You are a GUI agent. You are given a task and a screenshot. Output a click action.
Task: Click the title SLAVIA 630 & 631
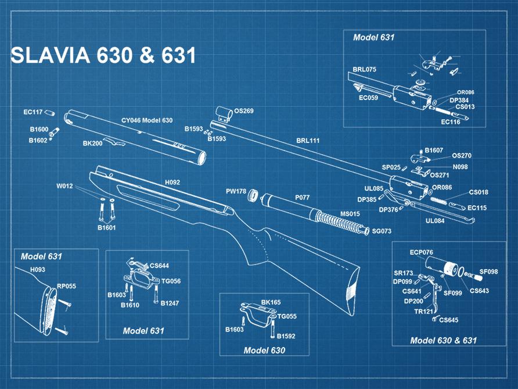coord(103,55)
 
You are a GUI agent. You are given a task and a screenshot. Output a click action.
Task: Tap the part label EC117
coord(33,112)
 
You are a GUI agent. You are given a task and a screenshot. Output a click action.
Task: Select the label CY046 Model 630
coord(147,120)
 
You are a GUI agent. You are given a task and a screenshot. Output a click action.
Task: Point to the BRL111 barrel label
coord(308,141)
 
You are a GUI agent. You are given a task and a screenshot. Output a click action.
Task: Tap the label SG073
coord(382,231)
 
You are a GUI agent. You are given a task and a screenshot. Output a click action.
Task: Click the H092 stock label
coord(172,182)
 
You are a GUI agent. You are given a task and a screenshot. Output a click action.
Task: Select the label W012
coord(64,187)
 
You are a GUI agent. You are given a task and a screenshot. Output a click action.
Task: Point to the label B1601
coord(106,227)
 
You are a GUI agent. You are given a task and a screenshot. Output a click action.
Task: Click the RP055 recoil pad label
coord(66,286)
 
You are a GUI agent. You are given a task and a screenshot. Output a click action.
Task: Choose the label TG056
coord(171,281)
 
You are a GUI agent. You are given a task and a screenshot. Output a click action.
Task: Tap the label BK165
coord(271,302)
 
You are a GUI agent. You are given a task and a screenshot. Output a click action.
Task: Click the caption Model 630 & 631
coord(443,340)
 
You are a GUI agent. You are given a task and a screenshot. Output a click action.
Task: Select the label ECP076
coord(421,252)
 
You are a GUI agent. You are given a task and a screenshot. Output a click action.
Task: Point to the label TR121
coord(423,312)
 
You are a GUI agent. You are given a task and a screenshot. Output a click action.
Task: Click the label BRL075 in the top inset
coord(365,69)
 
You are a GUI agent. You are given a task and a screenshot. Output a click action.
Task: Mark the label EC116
coord(451,122)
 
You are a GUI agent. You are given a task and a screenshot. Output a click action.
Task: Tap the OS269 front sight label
coord(243,110)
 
